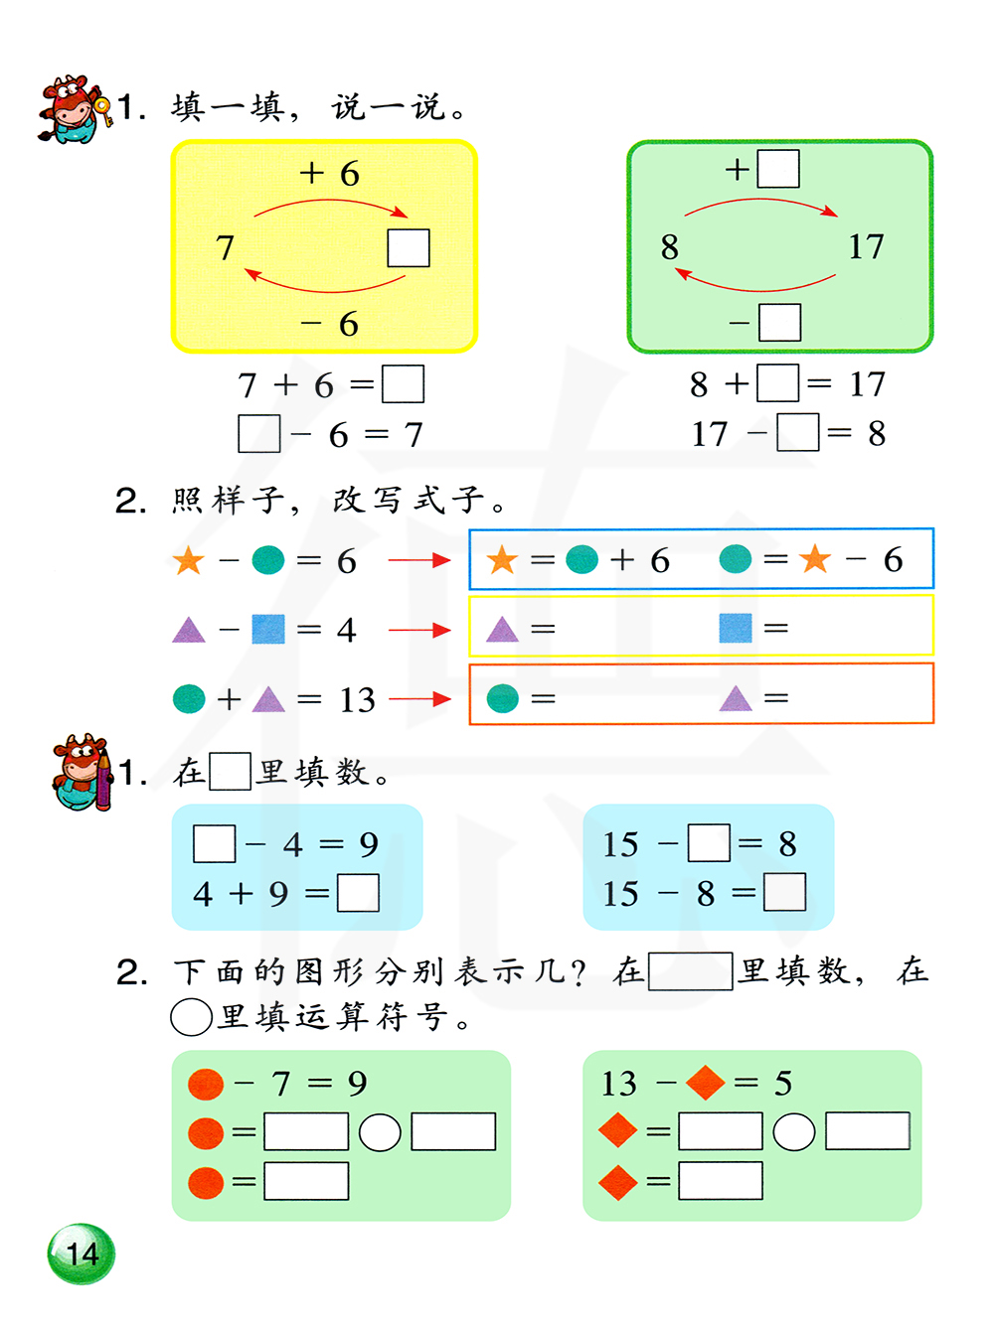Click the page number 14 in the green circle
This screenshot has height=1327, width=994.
coord(82,1254)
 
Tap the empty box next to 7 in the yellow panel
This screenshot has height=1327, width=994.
coord(409,248)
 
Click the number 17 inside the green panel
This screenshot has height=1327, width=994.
coord(866,246)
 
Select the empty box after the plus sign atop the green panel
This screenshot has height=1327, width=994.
coord(778,169)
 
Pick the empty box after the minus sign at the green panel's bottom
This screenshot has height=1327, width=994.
coord(779,322)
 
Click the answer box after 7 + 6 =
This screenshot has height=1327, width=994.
coord(404,384)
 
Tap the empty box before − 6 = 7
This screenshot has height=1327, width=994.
coord(259,434)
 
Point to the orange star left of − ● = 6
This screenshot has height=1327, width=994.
coord(188,561)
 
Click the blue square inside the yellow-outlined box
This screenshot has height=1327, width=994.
coord(736,628)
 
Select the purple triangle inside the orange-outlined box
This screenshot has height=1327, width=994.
coord(736,698)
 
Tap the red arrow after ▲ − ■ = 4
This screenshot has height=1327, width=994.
coord(419,630)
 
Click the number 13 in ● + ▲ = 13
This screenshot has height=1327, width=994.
coord(357,700)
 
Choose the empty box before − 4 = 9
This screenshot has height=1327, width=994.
coord(215,844)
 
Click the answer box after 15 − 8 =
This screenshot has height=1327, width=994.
coord(785,892)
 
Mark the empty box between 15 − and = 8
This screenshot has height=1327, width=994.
coord(709,843)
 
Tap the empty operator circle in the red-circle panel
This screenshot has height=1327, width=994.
coord(380,1132)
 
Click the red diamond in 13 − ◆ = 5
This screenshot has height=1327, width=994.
coord(705,1083)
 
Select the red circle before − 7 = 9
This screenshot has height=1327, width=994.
coord(206,1084)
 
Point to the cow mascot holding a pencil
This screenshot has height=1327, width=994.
coord(83,773)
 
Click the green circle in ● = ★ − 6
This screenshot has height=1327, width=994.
coord(736,559)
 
